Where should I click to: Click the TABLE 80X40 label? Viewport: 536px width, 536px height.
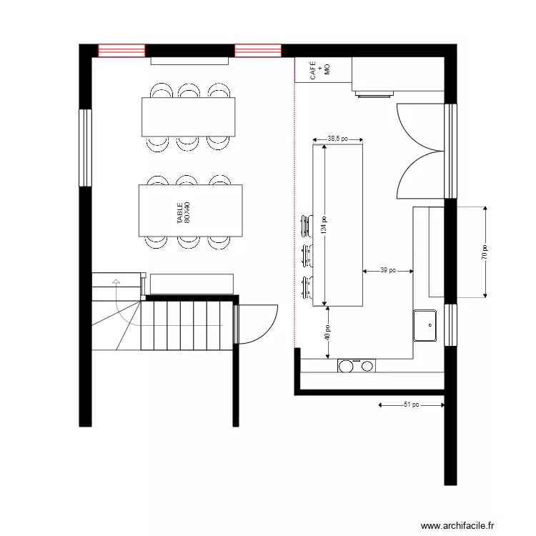click(x=184, y=212)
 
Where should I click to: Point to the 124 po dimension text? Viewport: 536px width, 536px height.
click(x=324, y=225)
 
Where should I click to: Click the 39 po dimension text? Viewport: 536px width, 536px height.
click(x=388, y=271)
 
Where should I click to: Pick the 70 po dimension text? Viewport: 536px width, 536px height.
click(x=485, y=252)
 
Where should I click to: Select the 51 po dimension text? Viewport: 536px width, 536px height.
click(x=410, y=405)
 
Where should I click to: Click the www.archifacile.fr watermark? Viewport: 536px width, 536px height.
click(x=457, y=525)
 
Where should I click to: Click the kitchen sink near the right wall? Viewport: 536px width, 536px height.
click(x=425, y=325)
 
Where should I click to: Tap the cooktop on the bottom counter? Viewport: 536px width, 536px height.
click(x=356, y=366)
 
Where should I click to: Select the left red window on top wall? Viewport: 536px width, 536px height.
click(x=121, y=50)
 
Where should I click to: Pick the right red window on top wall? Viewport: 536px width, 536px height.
click(x=258, y=50)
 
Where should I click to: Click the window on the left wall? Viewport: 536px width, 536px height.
click(x=86, y=147)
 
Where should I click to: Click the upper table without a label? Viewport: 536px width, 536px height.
click(x=189, y=116)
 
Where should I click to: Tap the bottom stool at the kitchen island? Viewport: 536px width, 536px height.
click(x=307, y=285)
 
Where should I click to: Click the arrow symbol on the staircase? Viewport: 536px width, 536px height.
click(x=114, y=283)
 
